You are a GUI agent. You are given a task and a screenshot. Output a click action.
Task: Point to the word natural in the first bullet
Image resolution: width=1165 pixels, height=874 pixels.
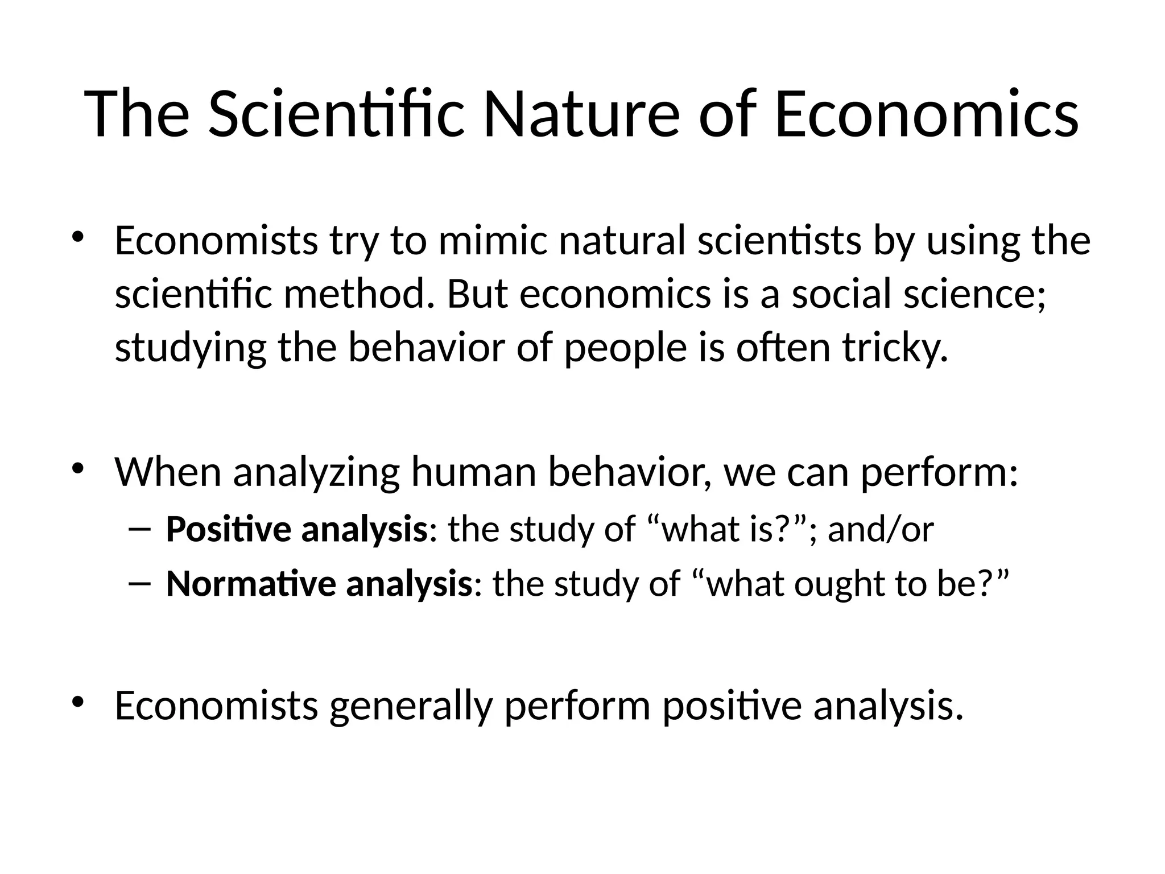621,241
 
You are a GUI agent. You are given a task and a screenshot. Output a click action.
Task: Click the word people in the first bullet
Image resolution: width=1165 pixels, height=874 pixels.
625,348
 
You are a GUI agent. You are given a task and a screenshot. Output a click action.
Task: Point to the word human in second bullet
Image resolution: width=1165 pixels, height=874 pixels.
473,472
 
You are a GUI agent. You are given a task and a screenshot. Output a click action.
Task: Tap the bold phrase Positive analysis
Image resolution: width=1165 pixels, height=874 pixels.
296,529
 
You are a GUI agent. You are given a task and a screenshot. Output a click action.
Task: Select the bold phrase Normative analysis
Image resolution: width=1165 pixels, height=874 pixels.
319,584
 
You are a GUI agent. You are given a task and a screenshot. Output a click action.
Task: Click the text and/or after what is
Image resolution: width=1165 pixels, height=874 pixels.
880,529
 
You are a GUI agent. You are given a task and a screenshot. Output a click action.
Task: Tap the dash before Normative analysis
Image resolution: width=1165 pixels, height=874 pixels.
140,584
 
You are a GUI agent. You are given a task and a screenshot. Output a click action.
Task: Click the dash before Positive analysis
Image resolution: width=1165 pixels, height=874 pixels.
140,529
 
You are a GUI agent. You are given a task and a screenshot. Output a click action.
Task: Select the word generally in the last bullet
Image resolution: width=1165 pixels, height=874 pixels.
410,706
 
